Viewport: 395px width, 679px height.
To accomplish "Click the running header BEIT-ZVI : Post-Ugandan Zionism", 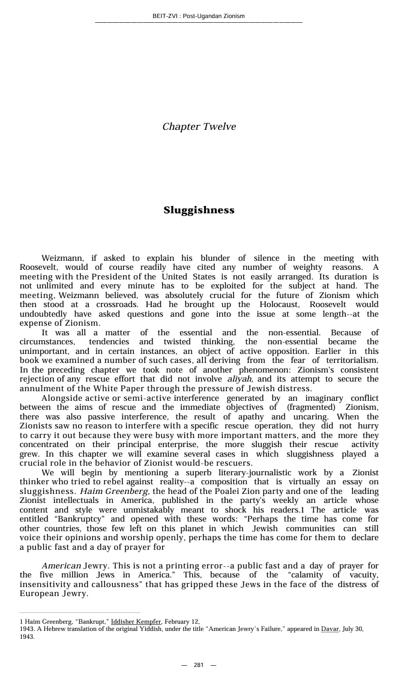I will (x=198, y=16).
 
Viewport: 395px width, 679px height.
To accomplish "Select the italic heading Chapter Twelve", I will (x=199, y=127).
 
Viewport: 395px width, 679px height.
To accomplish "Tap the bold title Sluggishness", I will (x=199, y=210).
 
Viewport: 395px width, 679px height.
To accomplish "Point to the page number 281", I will (x=199, y=665).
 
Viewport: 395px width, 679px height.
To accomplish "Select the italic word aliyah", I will (x=240, y=379).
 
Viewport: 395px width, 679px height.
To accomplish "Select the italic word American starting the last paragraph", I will (x=61, y=566).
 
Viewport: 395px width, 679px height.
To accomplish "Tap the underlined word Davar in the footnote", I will (x=330, y=629).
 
